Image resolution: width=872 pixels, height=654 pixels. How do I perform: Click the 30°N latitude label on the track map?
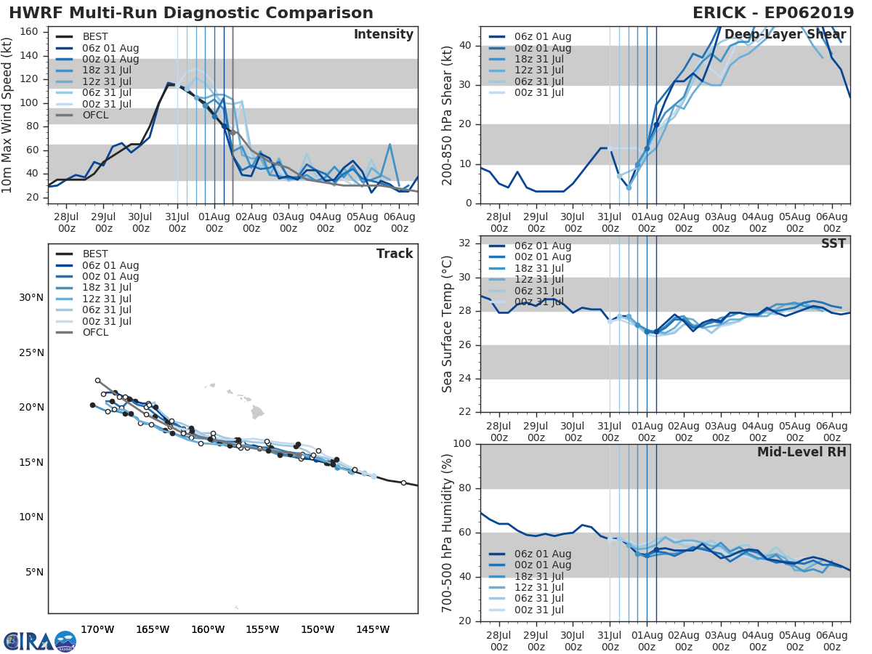point(31,297)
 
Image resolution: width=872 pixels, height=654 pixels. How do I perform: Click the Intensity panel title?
point(383,35)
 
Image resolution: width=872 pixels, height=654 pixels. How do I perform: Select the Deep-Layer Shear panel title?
point(785,35)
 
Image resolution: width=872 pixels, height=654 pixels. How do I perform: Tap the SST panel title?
point(834,244)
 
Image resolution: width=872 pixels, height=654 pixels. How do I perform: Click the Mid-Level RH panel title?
point(801,453)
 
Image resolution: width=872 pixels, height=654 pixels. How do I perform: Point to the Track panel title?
point(395,254)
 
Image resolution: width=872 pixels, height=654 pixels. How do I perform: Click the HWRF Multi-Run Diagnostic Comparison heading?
point(191,13)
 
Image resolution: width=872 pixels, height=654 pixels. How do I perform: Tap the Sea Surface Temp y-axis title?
point(448,324)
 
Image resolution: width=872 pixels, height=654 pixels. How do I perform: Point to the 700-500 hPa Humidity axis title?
point(448,533)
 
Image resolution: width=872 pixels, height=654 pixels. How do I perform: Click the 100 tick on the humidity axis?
point(463,444)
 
